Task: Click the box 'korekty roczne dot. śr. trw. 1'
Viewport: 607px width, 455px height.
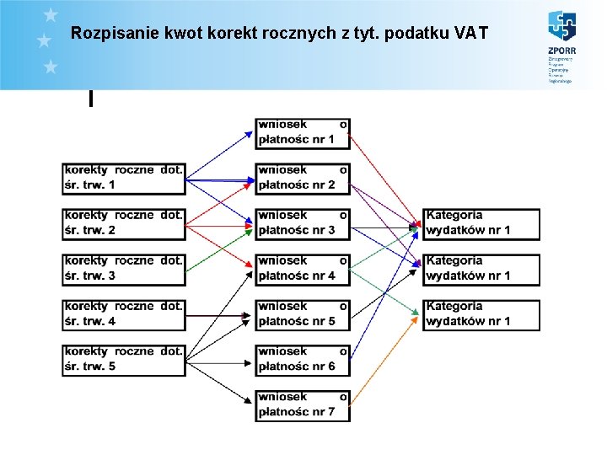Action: coord(123,177)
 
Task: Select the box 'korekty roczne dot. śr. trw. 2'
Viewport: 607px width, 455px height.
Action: coord(123,222)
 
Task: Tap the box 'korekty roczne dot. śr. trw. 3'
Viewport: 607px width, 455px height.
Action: coord(123,268)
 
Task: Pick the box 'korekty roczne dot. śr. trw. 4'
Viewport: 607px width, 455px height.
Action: coord(123,313)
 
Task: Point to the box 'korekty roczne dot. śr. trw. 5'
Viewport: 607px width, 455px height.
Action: coord(123,359)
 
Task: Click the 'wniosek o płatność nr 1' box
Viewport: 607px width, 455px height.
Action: coord(303,132)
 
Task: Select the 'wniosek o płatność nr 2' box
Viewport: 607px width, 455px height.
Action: coord(303,177)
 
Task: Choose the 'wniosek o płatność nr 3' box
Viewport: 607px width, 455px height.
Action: coord(303,222)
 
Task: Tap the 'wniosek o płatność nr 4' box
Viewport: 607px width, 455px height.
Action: coord(303,268)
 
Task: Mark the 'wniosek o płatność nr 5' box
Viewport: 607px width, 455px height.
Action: coord(303,313)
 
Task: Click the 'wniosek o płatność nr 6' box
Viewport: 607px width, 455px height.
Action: coord(303,359)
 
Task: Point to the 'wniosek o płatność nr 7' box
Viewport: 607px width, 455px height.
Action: coord(303,404)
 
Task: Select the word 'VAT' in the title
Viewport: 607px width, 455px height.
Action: coord(470,34)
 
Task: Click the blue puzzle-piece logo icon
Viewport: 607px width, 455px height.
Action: coord(561,27)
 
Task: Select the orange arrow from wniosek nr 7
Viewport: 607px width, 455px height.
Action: coord(384,359)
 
